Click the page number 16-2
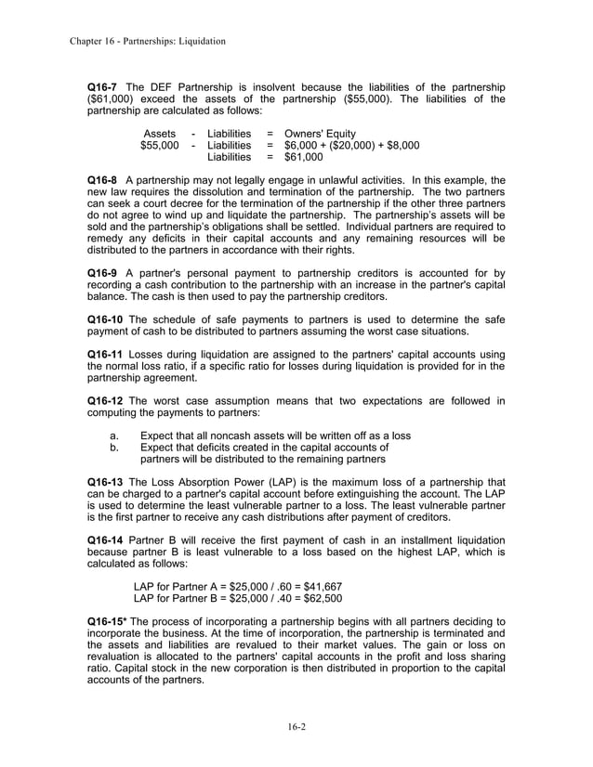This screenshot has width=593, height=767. [296, 726]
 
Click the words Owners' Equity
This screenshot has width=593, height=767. [320, 134]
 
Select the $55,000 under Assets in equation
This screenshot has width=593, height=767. [159, 146]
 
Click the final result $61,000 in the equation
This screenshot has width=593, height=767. [304, 158]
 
